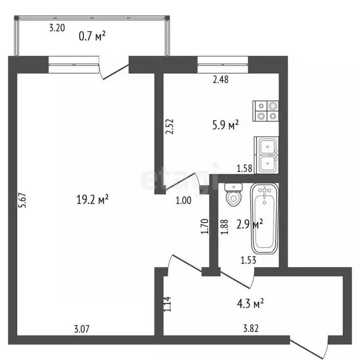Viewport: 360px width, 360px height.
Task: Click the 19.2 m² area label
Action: (92, 199)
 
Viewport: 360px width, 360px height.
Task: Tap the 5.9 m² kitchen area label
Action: (225, 125)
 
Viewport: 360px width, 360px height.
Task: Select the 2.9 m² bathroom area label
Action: (250, 224)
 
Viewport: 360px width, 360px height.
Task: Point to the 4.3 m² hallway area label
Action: (250, 303)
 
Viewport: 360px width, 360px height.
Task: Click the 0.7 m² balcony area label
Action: (92, 36)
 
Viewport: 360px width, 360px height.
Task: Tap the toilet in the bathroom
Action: (233, 194)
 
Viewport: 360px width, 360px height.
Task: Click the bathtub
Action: (264, 218)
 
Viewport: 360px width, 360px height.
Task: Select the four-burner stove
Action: (266, 111)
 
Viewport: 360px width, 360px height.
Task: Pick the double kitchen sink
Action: (266, 155)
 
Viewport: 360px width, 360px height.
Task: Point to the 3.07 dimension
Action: (82, 329)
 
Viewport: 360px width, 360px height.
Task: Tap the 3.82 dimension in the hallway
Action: (251, 328)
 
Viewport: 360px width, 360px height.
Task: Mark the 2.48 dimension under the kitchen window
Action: (221, 79)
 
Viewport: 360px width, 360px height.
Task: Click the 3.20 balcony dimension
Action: (57, 28)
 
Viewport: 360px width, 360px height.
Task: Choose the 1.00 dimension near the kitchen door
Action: (183, 201)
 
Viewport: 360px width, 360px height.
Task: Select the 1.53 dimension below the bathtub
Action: (248, 260)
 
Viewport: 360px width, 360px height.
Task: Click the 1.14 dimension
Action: (167, 304)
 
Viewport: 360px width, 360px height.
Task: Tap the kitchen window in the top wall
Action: (223, 65)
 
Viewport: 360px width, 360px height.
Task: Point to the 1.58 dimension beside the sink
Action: (245, 169)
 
